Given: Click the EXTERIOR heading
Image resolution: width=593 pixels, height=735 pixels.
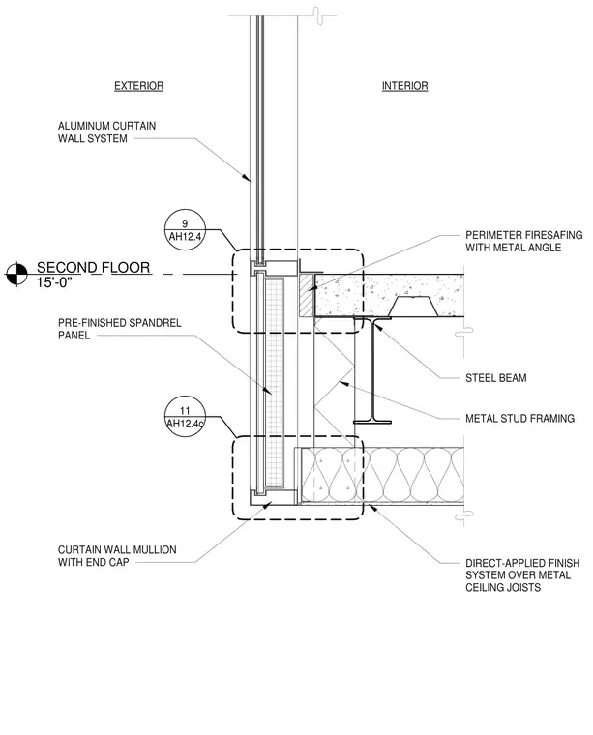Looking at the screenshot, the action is [138, 86].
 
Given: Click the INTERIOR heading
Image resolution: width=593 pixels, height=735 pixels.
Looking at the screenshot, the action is [404, 86].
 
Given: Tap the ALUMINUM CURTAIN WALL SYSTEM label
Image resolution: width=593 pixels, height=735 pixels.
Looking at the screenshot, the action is [106, 132].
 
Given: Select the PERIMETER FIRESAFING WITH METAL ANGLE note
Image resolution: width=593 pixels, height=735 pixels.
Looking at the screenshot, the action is [523, 241].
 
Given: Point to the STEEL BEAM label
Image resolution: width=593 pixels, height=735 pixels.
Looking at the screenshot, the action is [495, 378].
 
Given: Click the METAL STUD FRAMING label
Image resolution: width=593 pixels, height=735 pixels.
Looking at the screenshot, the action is [519, 418].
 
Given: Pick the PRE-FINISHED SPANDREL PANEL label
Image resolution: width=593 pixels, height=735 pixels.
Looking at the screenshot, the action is [119, 329].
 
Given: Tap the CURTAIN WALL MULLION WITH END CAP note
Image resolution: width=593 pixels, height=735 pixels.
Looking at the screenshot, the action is [117, 555].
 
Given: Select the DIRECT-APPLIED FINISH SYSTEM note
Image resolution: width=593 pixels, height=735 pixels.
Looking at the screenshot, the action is [522, 575].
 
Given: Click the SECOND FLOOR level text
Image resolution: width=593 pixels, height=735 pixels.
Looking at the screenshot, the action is [93, 268].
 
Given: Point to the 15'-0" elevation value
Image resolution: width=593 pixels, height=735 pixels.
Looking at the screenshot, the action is [54, 282].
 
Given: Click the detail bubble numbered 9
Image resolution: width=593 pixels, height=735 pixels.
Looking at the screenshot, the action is [185, 230].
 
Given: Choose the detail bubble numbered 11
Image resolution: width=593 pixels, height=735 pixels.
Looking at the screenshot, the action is [185, 417].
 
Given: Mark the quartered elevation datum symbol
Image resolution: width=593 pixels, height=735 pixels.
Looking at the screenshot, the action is [16, 274].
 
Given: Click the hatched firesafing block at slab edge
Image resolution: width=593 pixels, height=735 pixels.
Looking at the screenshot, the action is [307, 295].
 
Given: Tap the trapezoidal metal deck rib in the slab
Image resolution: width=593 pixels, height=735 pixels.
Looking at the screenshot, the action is [412, 307].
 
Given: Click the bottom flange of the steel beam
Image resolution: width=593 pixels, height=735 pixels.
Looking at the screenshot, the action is [372, 422].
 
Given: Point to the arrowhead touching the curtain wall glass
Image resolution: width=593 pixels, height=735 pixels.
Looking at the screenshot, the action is [246, 178].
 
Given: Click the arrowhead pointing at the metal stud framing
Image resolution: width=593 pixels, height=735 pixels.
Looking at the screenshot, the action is [343, 383].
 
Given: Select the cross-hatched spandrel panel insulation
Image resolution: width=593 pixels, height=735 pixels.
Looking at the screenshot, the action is [274, 382].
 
